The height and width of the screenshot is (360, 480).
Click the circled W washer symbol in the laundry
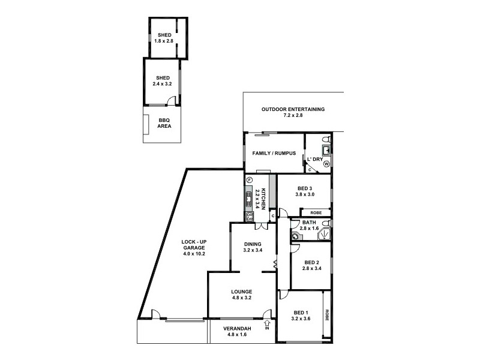326,163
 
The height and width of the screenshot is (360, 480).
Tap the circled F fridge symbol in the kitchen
248,180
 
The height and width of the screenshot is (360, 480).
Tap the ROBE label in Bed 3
315,212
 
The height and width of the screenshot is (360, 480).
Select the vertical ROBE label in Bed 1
327,314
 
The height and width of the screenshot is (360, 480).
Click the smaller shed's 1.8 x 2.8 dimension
164,41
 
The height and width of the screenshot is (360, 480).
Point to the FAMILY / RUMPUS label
274,153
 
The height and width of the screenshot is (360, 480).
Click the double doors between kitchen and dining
260,226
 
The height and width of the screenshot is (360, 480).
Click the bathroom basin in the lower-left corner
295,236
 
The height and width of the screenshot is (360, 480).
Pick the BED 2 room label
311,262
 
